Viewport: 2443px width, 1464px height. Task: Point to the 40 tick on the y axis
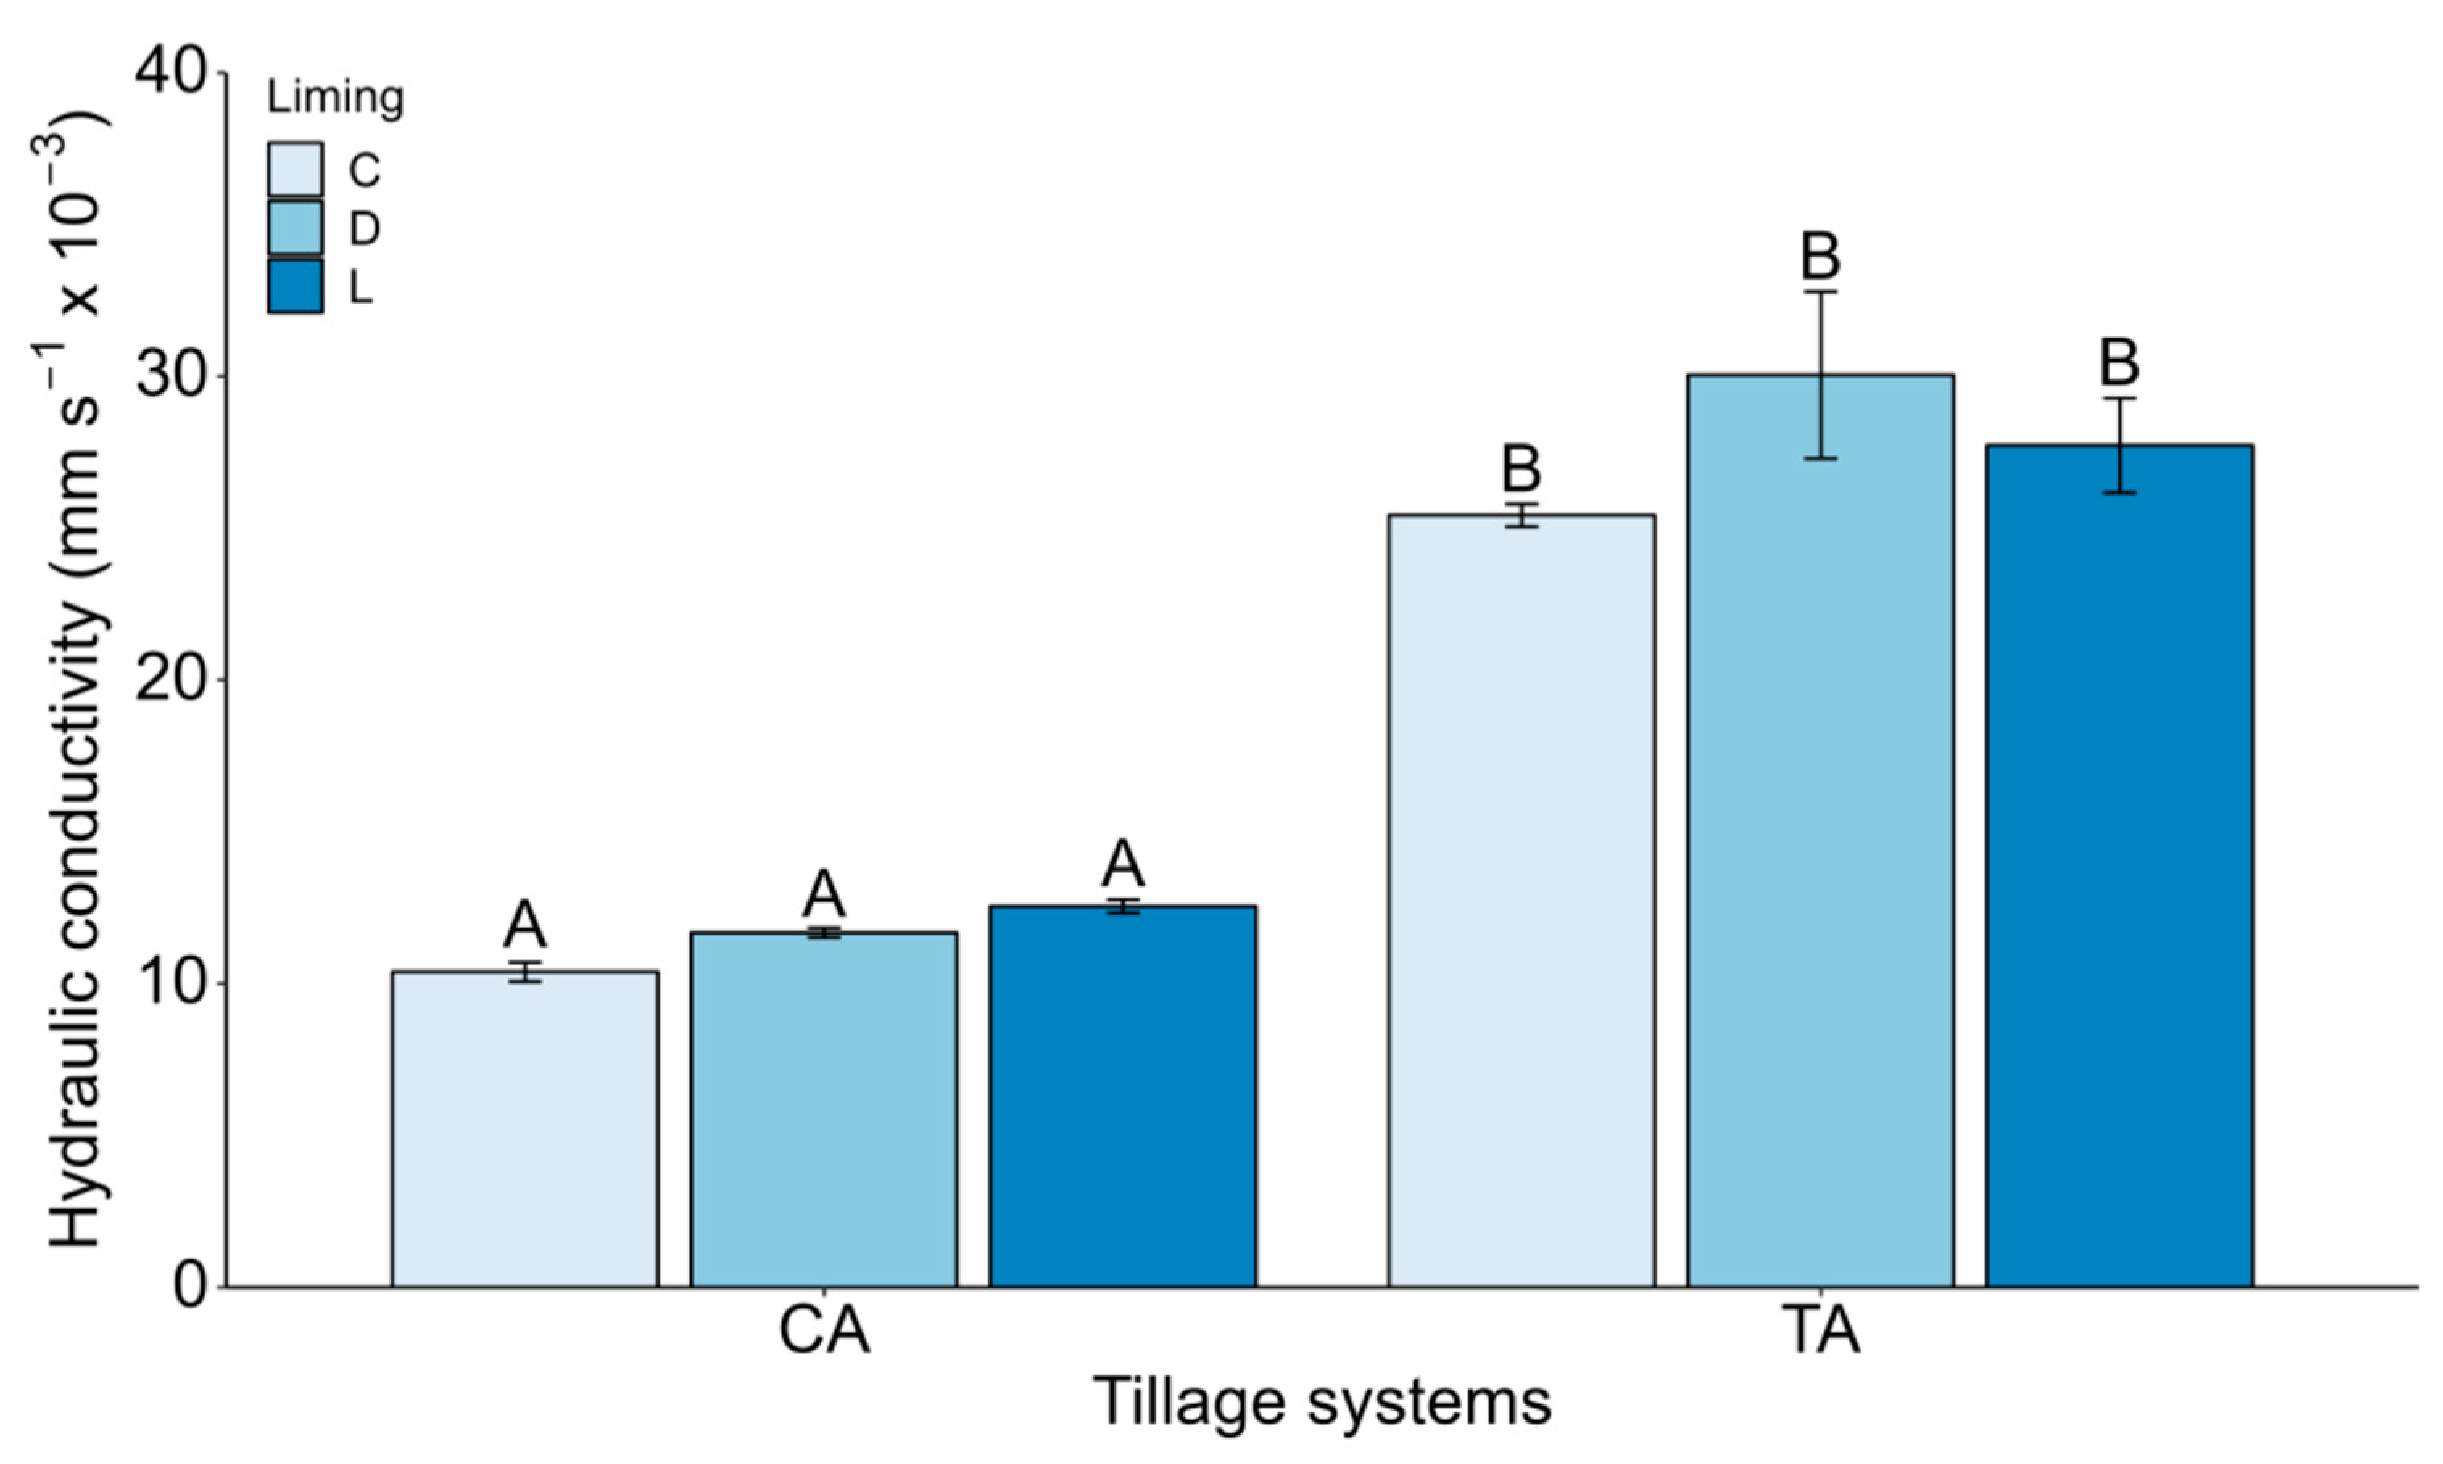(172, 73)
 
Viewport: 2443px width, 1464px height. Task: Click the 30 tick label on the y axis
(172, 377)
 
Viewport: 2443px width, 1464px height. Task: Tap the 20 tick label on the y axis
(172, 680)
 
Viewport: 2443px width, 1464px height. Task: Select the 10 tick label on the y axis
(172, 984)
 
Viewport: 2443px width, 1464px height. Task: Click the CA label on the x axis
(823, 1332)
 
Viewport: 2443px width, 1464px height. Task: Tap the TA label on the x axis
(1820, 1332)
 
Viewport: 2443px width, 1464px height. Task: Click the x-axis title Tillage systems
(1322, 1402)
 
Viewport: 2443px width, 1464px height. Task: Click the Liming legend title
(335, 97)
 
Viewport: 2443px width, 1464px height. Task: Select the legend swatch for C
(295, 170)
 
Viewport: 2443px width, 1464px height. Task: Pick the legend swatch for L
(295, 287)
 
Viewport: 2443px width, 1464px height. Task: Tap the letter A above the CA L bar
(1122, 865)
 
